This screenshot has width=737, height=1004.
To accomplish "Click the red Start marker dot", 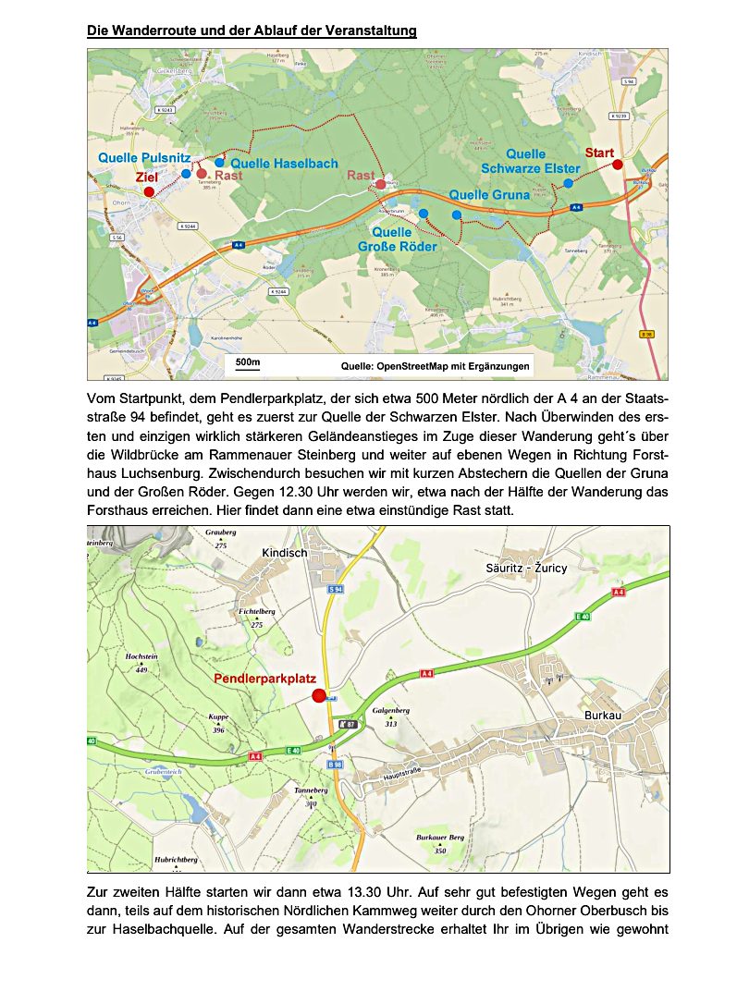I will coord(618,165).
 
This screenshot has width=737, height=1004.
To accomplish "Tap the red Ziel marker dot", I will coord(149,192).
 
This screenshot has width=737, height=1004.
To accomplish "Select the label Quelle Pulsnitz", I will coord(144,158).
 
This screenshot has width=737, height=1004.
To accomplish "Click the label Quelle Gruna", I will coord(489,195).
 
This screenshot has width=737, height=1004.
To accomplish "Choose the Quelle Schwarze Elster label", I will coord(531,161).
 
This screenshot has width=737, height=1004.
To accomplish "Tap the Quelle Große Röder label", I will coord(398,239).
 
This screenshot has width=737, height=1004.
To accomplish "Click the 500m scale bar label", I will coord(248,361).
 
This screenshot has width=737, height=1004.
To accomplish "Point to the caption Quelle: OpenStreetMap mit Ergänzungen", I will coord(435,367).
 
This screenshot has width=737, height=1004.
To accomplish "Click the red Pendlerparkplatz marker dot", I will coord(320,696).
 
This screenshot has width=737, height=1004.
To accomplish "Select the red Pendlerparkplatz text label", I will coord(265,679).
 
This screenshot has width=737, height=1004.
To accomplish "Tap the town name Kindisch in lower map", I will coord(284,552).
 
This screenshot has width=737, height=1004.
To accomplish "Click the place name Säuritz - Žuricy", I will coord(526,568).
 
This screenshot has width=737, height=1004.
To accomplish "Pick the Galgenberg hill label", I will coord(390,710).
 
